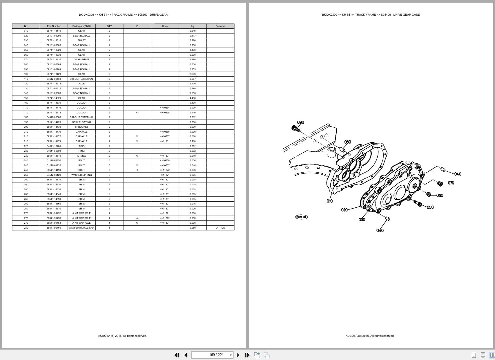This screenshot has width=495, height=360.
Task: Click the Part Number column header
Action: (x=54, y=26)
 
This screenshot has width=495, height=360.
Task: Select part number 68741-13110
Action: (x=54, y=31)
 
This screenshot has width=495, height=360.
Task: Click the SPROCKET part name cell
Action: (x=81, y=127)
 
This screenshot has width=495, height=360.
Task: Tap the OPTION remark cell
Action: (x=220, y=228)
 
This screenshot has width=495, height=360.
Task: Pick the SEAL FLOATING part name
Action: (x=81, y=122)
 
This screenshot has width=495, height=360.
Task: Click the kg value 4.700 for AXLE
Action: (x=193, y=84)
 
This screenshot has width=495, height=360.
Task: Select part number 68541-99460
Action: (x=54, y=228)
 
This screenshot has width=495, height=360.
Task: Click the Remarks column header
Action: (x=220, y=26)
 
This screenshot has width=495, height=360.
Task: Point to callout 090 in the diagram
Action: (x=301, y=122)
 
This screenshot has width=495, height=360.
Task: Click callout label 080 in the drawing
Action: (x=347, y=142)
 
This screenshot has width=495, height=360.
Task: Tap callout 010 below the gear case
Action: (x=330, y=201)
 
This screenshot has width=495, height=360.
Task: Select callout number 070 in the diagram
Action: (x=451, y=183)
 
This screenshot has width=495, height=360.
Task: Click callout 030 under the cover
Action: (x=362, y=220)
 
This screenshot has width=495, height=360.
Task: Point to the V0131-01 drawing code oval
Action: (x=301, y=217)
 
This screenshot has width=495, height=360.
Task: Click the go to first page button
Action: (x=176, y=355)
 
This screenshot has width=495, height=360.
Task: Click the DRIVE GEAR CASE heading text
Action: (x=406, y=15)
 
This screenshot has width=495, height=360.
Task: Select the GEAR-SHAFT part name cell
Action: (x=81, y=59)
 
